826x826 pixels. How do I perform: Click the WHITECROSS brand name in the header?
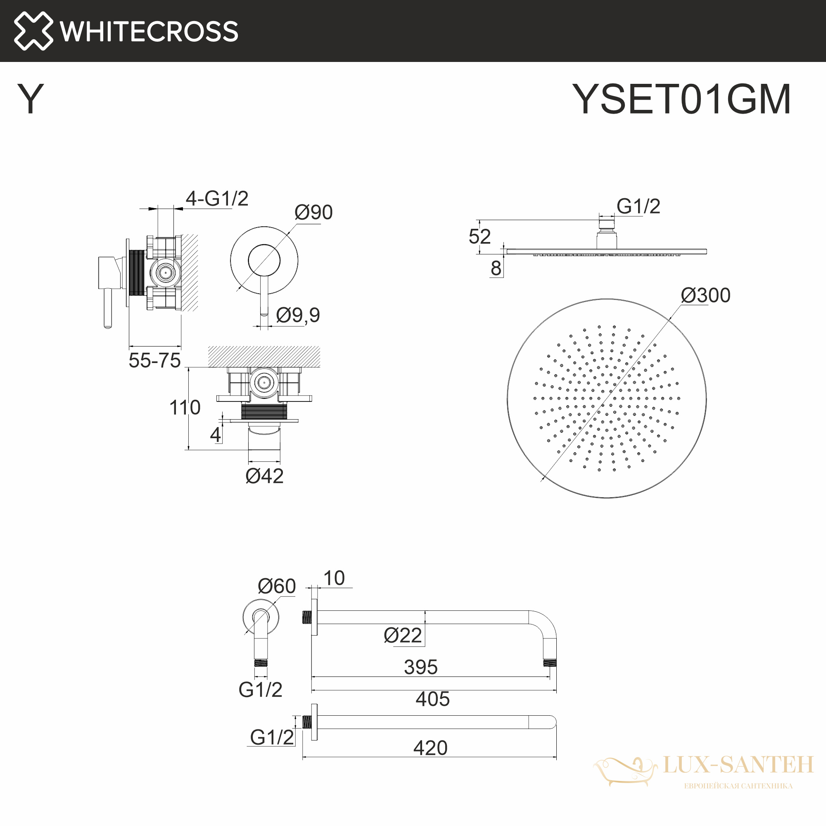(x=149, y=31)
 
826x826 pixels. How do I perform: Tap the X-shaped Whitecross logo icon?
(x=33, y=31)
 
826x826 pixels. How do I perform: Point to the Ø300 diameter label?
(x=705, y=295)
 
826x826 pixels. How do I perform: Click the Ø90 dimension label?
(x=313, y=212)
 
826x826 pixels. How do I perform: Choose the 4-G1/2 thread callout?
(x=217, y=198)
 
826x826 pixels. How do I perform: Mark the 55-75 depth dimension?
(x=154, y=361)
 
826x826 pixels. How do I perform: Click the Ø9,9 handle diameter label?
(x=297, y=316)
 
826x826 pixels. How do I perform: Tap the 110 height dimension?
(x=185, y=408)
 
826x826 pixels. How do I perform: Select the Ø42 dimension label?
(x=264, y=476)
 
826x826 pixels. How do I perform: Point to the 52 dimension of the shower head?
(x=479, y=236)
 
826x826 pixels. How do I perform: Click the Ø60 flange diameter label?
(x=277, y=586)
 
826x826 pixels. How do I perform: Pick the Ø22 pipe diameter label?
(x=403, y=636)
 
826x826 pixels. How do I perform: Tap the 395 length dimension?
(x=421, y=667)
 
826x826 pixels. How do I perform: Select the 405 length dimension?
(x=433, y=700)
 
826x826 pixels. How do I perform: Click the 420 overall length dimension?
(x=430, y=748)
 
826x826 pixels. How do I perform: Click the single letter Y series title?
(x=30, y=99)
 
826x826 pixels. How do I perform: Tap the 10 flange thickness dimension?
(x=334, y=579)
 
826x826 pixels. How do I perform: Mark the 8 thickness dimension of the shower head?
(x=496, y=268)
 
